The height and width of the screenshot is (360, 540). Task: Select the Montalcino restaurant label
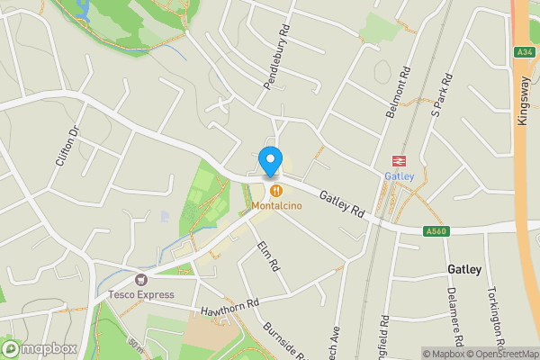click(x=276, y=206)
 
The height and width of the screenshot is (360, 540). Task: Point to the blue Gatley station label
click(x=400, y=175)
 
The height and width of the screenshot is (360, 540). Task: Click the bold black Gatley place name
click(x=464, y=269)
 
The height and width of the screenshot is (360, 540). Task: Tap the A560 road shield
click(x=436, y=231)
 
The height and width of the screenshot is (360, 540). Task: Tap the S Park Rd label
click(x=441, y=97)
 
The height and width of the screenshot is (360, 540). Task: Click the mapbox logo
click(x=40, y=348)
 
